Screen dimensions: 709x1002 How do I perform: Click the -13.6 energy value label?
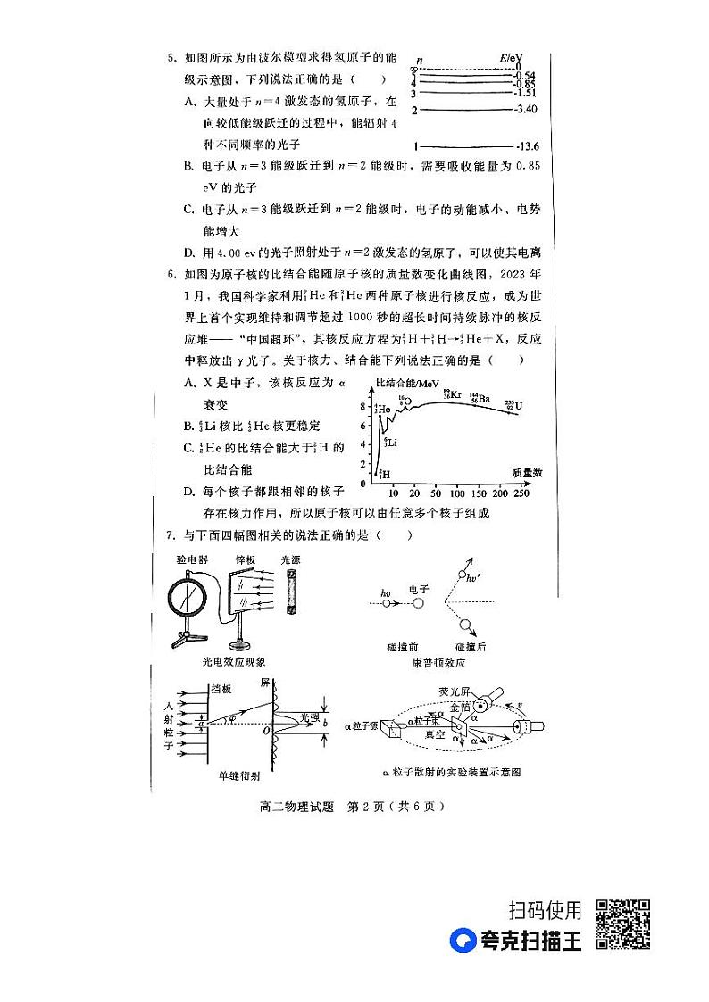click(528, 146)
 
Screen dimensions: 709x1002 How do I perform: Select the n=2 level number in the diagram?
click(414, 111)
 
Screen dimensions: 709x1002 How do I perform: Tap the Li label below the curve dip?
click(390, 442)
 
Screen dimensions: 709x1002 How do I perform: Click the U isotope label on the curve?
click(514, 404)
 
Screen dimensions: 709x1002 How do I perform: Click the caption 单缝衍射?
click(233, 775)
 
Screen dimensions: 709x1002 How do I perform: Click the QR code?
click(621, 925)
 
